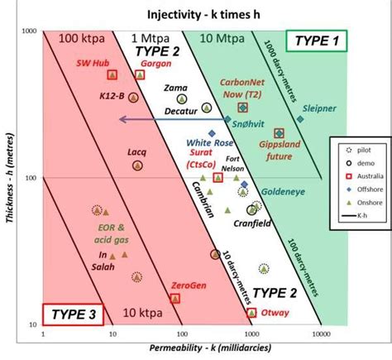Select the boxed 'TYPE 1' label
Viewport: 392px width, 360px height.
(318, 41)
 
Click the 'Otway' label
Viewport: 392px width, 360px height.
(275, 313)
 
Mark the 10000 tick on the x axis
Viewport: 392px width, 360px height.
(322, 335)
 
